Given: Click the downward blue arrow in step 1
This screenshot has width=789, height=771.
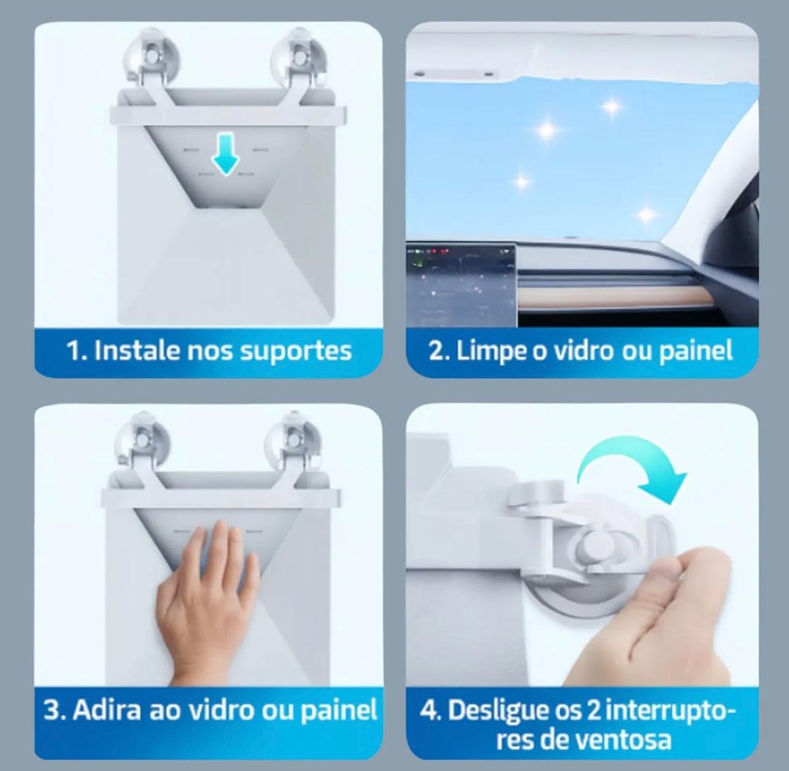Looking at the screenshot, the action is click(x=225, y=153).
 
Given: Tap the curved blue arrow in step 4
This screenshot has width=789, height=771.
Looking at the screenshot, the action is click(x=634, y=455).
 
